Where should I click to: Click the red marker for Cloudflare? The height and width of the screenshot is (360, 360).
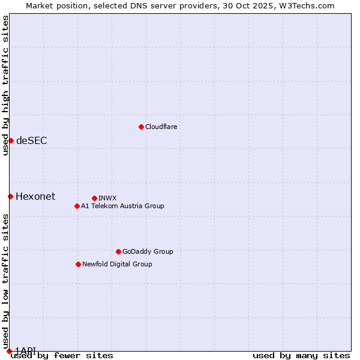[x=141, y=127]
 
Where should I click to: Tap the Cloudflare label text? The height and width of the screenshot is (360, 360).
[x=161, y=127]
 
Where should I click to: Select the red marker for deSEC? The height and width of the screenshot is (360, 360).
[x=11, y=140]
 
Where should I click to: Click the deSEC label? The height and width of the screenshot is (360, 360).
[x=32, y=140]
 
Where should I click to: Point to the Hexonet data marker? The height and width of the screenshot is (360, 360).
[x=10, y=196]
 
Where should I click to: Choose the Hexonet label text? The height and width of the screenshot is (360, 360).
[x=35, y=196]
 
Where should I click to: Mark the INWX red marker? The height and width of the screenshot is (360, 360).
[x=94, y=198]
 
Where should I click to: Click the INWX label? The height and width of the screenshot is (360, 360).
[x=107, y=198]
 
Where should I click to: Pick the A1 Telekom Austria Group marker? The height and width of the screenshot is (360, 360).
[x=77, y=206]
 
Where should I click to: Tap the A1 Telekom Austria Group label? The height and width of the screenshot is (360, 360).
[x=122, y=206]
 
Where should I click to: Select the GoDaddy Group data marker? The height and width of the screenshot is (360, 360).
[x=118, y=251]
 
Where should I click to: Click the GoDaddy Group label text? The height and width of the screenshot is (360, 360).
[x=148, y=251]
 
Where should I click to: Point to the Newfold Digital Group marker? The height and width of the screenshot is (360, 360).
[x=78, y=264]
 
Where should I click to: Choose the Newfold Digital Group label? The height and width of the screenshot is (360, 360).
[x=117, y=264]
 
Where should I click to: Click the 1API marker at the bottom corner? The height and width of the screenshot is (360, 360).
[x=9, y=350]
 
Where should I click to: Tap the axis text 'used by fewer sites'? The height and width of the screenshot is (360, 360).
[x=62, y=356]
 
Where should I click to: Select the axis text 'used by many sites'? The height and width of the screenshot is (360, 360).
[x=301, y=356]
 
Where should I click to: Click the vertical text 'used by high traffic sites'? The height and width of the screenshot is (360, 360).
[x=5, y=85]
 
